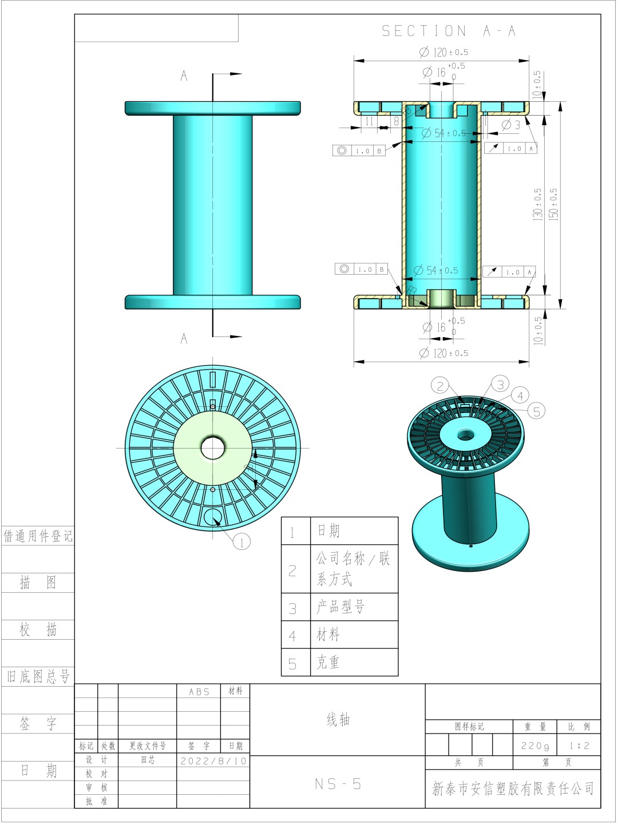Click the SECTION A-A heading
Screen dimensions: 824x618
click(449, 31)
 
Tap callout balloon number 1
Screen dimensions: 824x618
click(241, 541)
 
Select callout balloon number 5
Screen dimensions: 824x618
click(536, 411)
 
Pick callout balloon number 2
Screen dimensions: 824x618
click(440, 386)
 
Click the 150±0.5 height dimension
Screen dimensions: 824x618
click(553, 204)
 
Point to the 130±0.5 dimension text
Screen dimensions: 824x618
click(537, 204)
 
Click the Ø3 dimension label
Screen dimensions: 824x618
click(511, 125)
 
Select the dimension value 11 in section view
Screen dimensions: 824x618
click(369, 121)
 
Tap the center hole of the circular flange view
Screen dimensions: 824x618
click(213, 448)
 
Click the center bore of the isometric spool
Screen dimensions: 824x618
click(465, 435)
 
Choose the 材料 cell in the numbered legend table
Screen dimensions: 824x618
click(328, 635)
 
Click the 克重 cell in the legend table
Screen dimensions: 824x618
click(328, 663)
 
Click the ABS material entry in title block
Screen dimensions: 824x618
click(199, 691)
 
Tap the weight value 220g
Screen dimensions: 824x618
click(535, 746)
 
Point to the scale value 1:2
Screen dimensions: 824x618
click(579, 746)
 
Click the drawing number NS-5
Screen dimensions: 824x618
click(338, 784)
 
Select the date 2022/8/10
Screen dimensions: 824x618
click(213, 760)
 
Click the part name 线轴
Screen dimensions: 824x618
click(338, 719)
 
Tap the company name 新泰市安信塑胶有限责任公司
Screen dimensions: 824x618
click(513, 789)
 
